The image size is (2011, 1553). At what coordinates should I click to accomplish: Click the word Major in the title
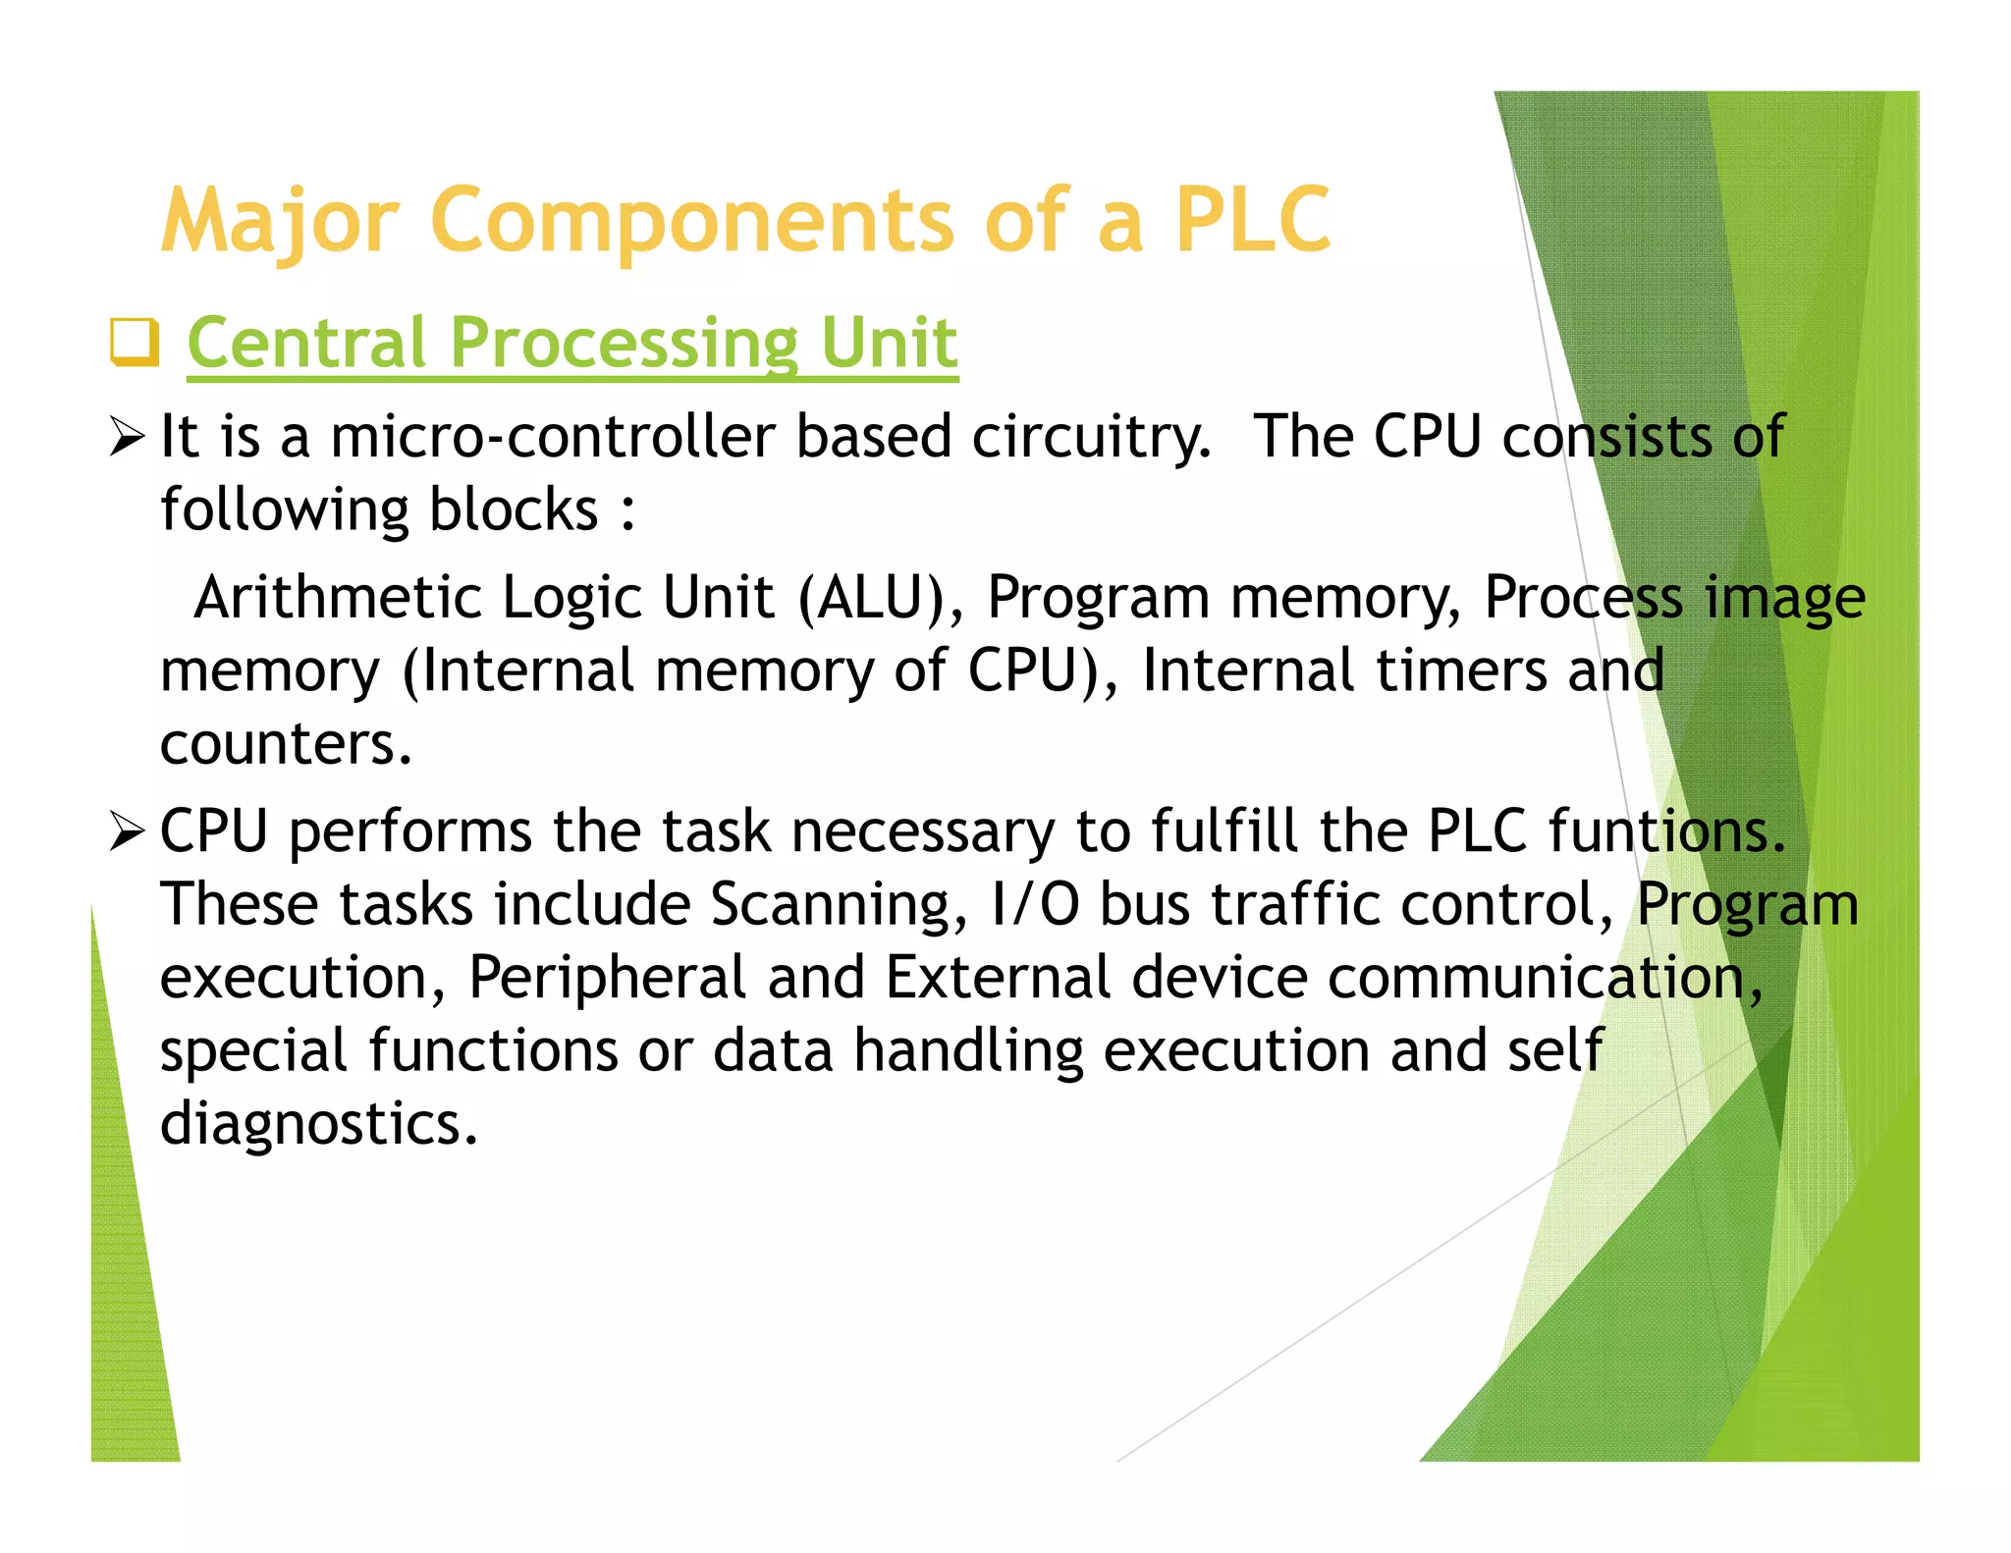click(281, 222)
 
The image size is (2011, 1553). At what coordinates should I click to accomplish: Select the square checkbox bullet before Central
click(134, 342)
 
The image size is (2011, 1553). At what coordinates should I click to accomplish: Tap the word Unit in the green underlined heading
click(889, 343)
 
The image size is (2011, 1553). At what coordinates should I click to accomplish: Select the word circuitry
click(1091, 438)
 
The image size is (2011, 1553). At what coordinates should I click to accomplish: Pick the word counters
click(285, 744)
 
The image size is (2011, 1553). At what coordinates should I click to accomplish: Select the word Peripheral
click(607, 978)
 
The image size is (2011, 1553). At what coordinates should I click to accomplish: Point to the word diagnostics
click(318, 1124)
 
